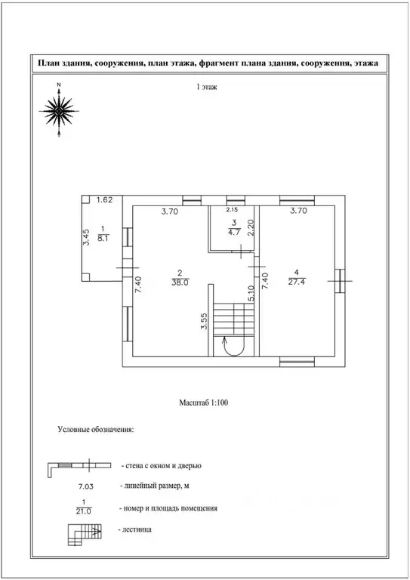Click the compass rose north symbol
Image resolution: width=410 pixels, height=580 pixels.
click(x=59, y=110)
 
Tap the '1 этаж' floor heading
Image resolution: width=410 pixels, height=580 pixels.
click(x=207, y=88)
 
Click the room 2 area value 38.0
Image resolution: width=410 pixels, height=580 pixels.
click(x=180, y=282)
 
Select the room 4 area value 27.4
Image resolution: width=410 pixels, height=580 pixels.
click(x=297, y=282)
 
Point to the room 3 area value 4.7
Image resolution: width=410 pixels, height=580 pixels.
click(x=234, y=233)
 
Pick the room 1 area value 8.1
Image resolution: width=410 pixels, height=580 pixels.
click(x=103, y=238)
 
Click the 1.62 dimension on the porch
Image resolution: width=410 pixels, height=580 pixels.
click(x=105, y=200)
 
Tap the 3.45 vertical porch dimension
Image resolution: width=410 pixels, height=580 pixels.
click(x=86, y=237)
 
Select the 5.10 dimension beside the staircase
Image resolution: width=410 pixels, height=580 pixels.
click(x=251, y=294)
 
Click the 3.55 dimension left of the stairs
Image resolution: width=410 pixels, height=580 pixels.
click(x=204, y=322)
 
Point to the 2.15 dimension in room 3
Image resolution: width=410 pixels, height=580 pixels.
click(x=232, y=210)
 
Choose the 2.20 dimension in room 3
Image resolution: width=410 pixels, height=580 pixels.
click(x=251, y=227)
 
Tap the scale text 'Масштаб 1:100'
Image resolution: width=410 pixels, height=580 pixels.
click(x=203, y=403)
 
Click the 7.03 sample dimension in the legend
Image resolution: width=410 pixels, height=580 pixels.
click(x=85, y=487)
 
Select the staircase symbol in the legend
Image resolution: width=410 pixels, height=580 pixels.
click(x=85, y=535)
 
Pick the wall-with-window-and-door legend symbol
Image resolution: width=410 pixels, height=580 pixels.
click(x=79, y=465)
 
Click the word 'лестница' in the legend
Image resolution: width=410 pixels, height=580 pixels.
click(x=137, y=529)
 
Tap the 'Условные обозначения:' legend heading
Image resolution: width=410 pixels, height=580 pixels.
click(x=96, y=430)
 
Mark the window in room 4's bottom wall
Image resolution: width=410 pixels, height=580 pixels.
click(x=297, y=362)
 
